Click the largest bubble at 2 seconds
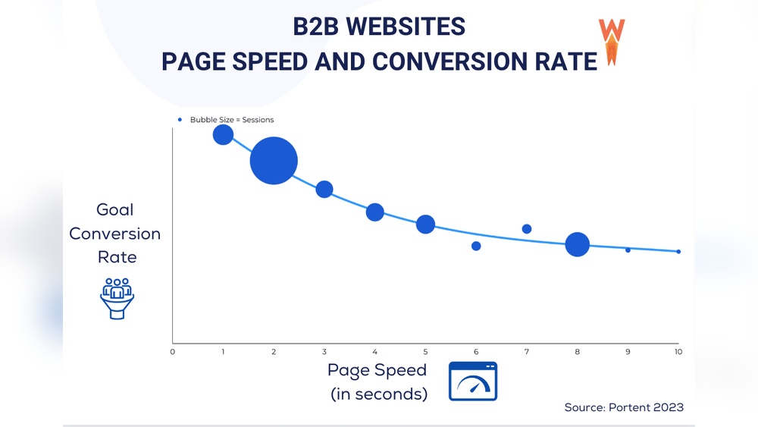click(x=274, y=161)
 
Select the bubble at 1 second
click(x=223, y=135)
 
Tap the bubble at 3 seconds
click(x=324, y=189)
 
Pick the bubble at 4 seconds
click(x=375, y=212)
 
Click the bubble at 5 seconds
click(x=425, y=224)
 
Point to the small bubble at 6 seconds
click(x=476, y=246)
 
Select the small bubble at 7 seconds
click(x=527, y=229)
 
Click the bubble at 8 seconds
click(x=578, y=244)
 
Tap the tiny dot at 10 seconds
click(x=678, y=252)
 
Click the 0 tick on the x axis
click(x=173, y=352)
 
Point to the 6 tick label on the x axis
click(x=476, y=352)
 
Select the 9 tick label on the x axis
click(x=628, y=352)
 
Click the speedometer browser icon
click(x=473, y=381)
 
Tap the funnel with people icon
click(x=117, y=297)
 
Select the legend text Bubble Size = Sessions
click(x=232, y=120)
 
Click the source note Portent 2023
click(x=624, y=407)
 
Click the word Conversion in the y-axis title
click(x=115, y=234)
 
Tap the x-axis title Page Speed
click(x=377, y=370)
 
